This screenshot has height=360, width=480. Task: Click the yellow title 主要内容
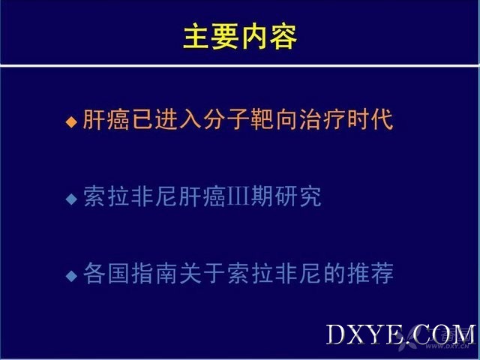(240, 37)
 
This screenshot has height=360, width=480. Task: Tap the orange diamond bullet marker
(71, 121)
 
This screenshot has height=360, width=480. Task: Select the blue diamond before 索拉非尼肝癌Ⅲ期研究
(71, 199)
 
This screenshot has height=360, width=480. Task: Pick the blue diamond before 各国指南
(71, 275)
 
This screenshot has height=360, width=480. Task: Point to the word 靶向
(274, 119)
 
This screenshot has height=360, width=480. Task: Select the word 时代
(370, 119)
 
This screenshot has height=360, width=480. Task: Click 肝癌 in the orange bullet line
(106, 119)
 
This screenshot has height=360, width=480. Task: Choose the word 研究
(298, 196)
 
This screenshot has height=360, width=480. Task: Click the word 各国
(106, 273)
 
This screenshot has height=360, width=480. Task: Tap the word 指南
(154, 273)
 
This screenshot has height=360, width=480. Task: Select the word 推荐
(370, 273)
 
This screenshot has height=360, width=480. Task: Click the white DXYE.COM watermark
(400, 334)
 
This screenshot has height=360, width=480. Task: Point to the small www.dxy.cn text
(447, 346)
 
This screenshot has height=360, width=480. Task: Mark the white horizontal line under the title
(240, 66)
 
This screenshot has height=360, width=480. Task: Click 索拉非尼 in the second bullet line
(130, 196)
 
